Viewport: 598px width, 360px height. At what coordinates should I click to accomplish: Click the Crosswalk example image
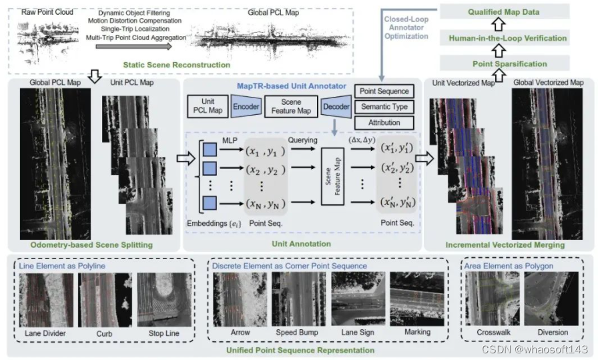pos(493,298)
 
